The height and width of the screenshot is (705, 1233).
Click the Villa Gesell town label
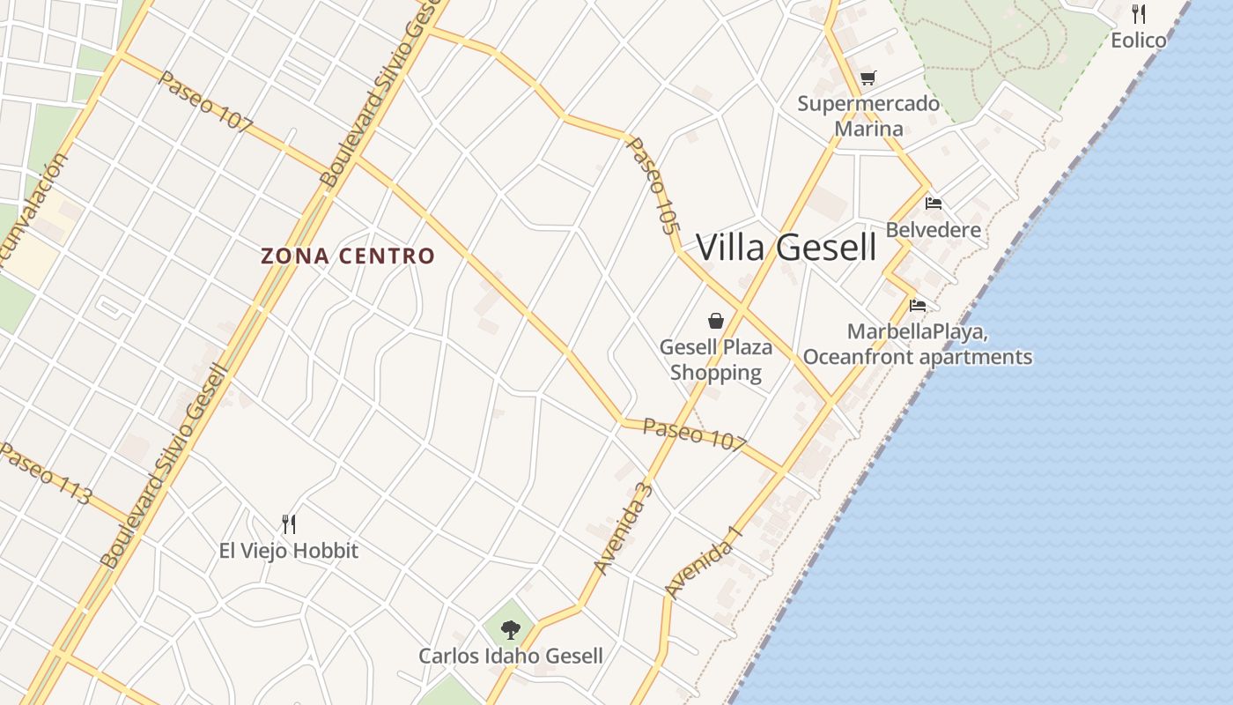(786, 248)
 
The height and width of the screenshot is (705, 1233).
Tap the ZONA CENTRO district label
(348, 256)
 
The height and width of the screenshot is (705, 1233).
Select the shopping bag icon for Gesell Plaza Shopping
(716, 321)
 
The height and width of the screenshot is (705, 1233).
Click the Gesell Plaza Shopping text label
(716, 360)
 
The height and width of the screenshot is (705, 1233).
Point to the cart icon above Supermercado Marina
(868, 78)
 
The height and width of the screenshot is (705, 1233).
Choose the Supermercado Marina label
(868, 116)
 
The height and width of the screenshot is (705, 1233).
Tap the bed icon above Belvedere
(934, 204)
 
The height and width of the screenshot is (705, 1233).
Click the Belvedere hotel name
(934, 231)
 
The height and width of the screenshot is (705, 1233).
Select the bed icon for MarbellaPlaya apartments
(918, 306)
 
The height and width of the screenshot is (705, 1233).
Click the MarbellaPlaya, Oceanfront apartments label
(918, 345)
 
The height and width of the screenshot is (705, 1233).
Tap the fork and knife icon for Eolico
(1139, 13)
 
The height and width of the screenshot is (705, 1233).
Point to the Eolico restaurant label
(1139, 41)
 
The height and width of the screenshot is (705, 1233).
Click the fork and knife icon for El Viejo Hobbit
(288, 524)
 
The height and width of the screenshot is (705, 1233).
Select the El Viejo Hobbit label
(288, 552)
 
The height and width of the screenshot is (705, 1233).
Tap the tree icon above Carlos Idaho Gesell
(510, 629)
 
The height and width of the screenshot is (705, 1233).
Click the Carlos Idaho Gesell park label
(510, 657)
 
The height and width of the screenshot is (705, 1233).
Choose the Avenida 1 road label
(705, 562)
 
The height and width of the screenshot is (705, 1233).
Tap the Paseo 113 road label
(45, 474)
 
